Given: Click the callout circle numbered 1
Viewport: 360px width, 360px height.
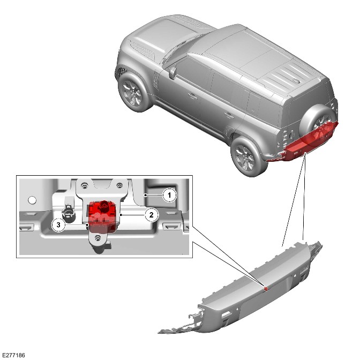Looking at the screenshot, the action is [169, 196].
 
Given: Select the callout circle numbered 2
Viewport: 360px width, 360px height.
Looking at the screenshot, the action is [151, 215].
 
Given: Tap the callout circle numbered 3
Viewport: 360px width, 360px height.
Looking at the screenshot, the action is [58, 225].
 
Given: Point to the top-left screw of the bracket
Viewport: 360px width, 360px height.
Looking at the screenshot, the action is [85, 185].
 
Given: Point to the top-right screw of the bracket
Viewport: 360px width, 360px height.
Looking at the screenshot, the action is [119, 185].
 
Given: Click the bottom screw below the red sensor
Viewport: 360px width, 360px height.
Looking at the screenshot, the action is [98, 238].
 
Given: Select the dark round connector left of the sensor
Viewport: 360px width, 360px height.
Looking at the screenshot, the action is [69, 214].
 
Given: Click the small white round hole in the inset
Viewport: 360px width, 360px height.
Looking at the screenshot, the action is [32, 200].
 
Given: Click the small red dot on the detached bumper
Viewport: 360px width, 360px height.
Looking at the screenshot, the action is [266, 289].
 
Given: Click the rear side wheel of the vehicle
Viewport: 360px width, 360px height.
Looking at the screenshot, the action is [246, 157].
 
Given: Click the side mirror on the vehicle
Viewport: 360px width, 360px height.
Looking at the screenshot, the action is [172, 73].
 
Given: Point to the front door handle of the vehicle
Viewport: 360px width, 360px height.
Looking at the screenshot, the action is [192, 96].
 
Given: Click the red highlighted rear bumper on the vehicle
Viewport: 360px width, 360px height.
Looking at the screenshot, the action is [301, 147].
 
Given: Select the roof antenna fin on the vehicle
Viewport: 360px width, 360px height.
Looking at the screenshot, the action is [296, 81].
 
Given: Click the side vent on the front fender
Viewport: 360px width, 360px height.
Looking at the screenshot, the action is [155, 80].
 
